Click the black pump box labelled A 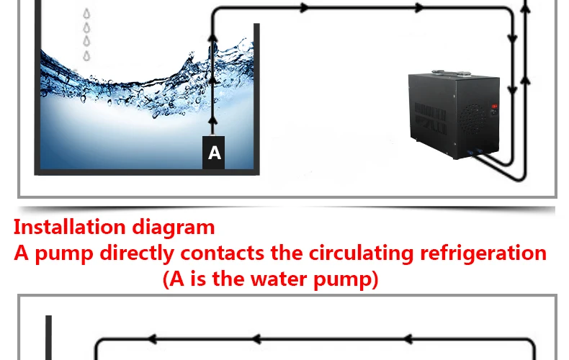(213, 153)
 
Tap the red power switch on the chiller (494, 107)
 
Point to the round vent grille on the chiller (473, 119)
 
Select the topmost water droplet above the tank (86, 14)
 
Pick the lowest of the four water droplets (86, 56)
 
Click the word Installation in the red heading (70, 228)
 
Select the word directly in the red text (137, 253)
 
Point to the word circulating (361, 253)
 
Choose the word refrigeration (483, 253)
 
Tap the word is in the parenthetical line (199, 279)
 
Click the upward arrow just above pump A (213, 121)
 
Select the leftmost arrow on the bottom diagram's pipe (152, 339)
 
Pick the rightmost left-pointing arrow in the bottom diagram (408, 339)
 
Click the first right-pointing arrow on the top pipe (305, 7)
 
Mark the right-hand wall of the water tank (256, 99)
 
